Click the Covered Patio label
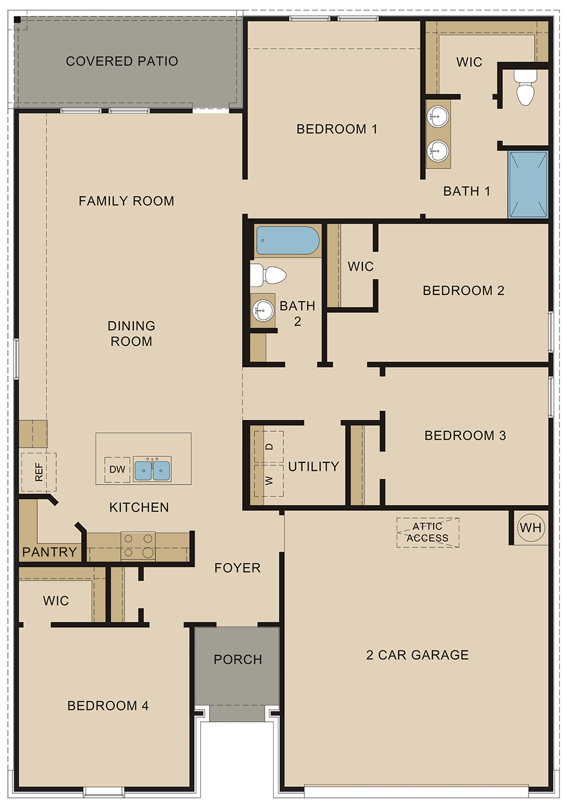tap(122, 61)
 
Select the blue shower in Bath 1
tap(528, 184)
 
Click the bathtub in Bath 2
tap(287, 241)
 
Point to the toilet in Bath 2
tap(268, 275)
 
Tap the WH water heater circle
tap(531, 528)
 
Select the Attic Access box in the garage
tap(428, 532)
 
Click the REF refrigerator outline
tap(39, 472)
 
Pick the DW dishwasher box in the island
tap(117, 469)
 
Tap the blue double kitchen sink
tap(152, 470)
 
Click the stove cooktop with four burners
tap(138, 546)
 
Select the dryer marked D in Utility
tap(269, 447)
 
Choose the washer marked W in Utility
tap(269, 481)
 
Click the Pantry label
tap(49, 552)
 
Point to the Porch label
tap(238, 659)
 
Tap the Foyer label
tap(237, 568)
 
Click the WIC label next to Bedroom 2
tap(361, 267)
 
